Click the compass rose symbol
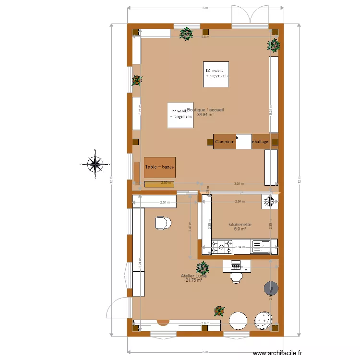[96, 164]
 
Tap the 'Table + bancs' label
[159, 167]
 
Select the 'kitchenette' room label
[240, 224]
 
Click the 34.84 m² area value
[205, 115]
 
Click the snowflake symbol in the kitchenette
[269, 202]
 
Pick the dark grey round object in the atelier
[271, 288]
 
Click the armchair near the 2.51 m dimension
[163, 222]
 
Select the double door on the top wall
[250, 15]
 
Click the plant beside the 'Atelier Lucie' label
[203, 267]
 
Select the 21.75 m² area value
[193, 280]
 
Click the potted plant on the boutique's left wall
[137, 81]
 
